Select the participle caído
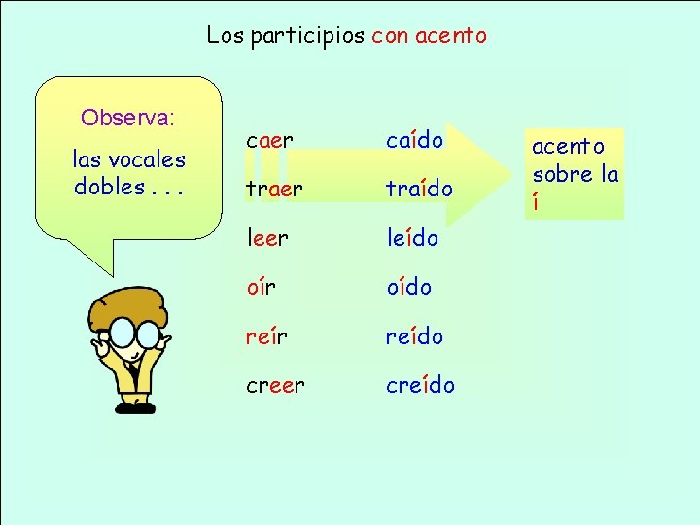point(414,141)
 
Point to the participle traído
point(419,190)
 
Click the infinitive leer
point(267,238)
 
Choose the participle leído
point(412,238)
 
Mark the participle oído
point(408,287)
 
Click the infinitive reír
point(266,336)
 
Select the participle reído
point(414,336)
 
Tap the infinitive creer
point(275,385)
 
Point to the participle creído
point(420,385)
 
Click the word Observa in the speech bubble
point(125,119)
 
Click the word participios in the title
point(306,36)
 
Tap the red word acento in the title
point(450,36)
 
